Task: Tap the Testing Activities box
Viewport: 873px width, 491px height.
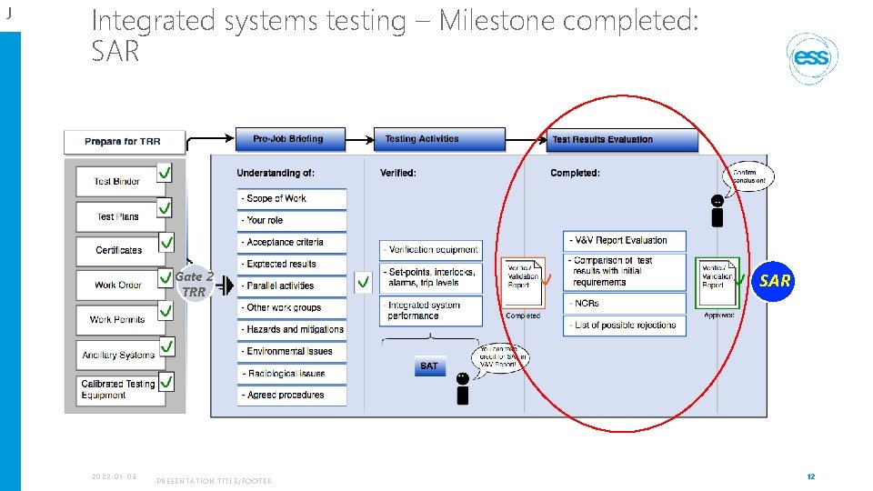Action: [x=439, y=139]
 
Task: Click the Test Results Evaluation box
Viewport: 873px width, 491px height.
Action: [x=622, y=140]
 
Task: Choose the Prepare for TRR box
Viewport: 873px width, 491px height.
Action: [x=124, y=142]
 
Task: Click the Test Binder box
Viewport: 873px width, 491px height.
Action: [x=116, y=181]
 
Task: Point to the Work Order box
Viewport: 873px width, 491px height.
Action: [x=117, y=285]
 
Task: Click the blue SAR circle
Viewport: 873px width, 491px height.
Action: [x=775, y=281]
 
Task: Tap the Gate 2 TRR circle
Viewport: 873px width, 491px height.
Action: [x=194, y=284]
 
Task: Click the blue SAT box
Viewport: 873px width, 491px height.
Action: [x=429, y=366]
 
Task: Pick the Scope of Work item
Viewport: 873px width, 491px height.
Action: [x=292, y=198]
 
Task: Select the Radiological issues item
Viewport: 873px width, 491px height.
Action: [x=292, y=373]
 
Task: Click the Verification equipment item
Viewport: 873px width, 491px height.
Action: [x=430, y=249]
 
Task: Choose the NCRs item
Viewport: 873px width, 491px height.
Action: [x=624, y=303]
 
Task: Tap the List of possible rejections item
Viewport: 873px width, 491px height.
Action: [x=624, y=325]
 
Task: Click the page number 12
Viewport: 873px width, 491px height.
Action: [x=810, y=476]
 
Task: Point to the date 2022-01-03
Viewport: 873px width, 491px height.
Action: [x=114, y=476]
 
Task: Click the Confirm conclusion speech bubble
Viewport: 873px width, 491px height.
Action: [x=749, y=176]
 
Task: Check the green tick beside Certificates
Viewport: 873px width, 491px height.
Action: [x=166, y=243]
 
